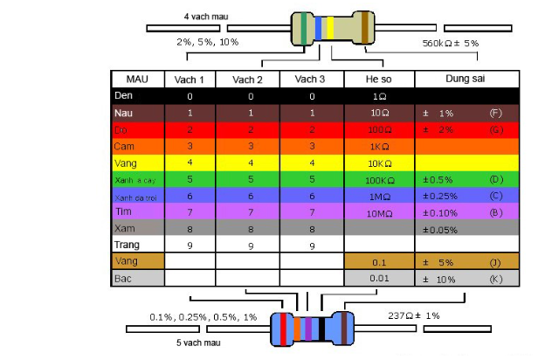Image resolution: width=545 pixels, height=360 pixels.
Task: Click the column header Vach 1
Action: [189, 79]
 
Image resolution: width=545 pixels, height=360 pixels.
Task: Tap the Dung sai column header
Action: [466, 79]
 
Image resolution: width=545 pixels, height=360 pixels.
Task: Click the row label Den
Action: [124, 95]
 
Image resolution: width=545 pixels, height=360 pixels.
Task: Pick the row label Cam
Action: [124, 146]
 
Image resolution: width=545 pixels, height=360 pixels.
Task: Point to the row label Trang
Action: [128, 245]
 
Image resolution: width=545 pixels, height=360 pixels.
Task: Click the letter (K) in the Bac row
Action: [495, 278]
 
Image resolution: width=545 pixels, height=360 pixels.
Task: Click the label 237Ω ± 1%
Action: [413, 315]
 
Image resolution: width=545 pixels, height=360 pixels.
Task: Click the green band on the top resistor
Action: [303, 28]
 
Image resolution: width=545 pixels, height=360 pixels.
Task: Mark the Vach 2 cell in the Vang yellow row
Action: [251, 163]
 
